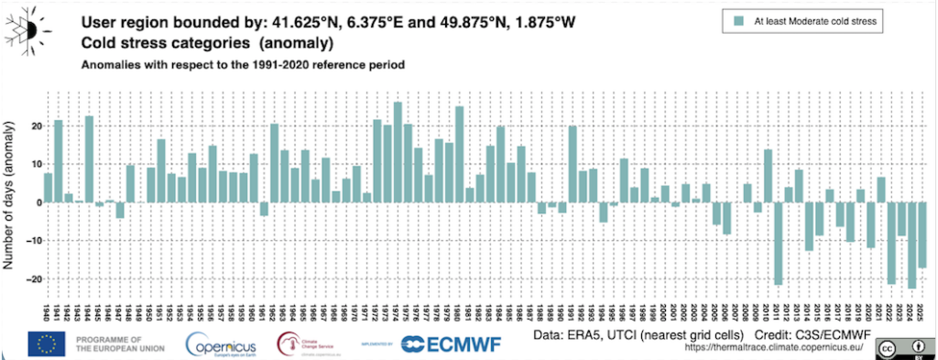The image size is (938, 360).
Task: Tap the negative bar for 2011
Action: point(779,244)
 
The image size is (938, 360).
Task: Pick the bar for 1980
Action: point(460,155)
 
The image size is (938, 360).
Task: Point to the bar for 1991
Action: point(573,164)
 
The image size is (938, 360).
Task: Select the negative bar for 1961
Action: point(264,209)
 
